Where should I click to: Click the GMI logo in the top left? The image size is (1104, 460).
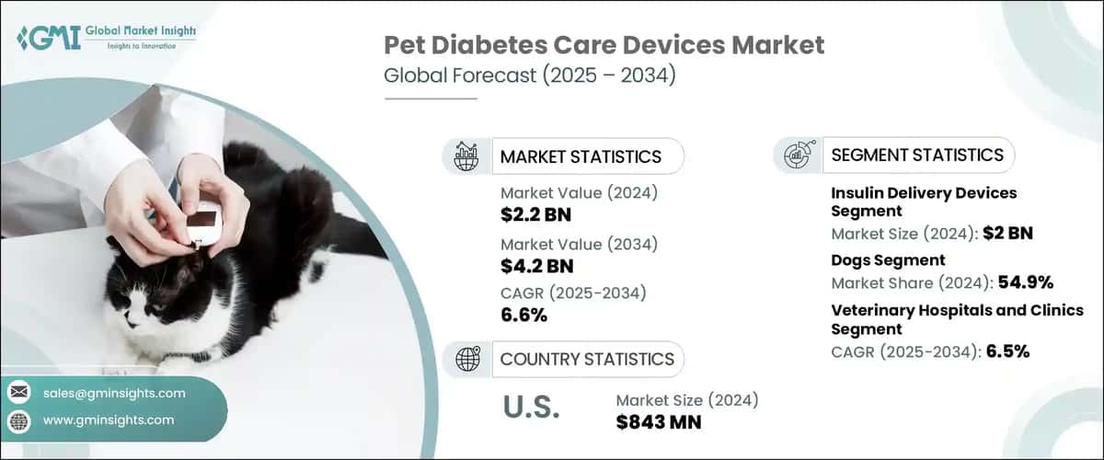pyautogui.click(x=107, y=38)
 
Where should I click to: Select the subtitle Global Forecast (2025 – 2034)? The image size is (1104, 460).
pyautogui.click(x=530, y=75)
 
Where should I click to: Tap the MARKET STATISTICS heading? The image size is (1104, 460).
pyautogui.click(x=580, y=156)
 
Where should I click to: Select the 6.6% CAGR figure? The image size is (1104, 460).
pyautogui.click(x=523, y=316)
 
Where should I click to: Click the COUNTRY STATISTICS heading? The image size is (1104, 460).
pyautogui.click(x=586, y=359)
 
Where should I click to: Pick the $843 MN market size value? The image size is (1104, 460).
pyautogui.click(x=658, y=422)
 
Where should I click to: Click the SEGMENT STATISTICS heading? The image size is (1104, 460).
pyautogui.click(x=917, y=155)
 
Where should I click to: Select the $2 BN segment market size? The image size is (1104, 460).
pyautogui.click(x=1007, y=233)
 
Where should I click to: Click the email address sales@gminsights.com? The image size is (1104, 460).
pyautogui.click(x=114, y=393)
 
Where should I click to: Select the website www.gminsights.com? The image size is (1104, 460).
pyautogui.click(x=109, y=420)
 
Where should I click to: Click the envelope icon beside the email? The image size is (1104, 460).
pyautogui.click(x=18, y=393)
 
